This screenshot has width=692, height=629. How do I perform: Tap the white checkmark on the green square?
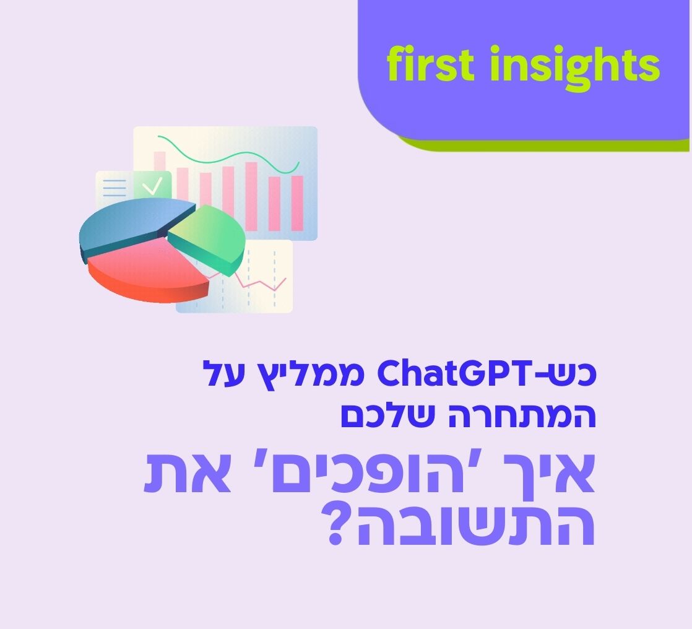coord(152,184)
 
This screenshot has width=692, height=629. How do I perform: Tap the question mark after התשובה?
coord(342,527)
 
